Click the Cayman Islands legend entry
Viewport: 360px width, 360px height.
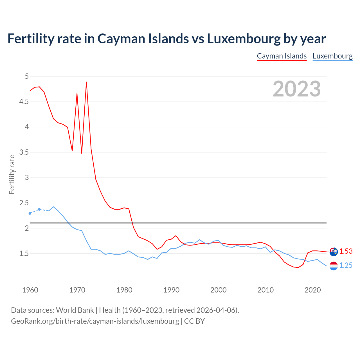coord(282,56)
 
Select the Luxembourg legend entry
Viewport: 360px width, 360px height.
coord(332,56)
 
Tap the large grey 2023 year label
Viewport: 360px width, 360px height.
coord(297,89)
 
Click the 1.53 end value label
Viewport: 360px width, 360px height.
coord(346,251)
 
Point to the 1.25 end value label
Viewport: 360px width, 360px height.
coord(346,265)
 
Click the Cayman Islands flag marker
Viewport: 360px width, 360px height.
coord(334,252)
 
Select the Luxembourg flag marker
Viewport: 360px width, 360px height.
coord(334,266)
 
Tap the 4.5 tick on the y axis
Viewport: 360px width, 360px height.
coord(24,102)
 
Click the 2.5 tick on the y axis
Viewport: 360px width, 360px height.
coord(24,203)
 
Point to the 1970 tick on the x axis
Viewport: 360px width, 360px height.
coord(77,290)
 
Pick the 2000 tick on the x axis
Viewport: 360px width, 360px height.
coord(218,290)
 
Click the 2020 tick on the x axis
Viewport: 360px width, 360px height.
coord(312,290)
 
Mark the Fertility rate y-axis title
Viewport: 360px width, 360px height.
coord(12,174)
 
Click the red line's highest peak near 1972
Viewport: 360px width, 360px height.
coord(86,82)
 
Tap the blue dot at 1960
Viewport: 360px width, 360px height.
coord(30,213)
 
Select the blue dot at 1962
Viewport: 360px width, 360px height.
coord(39,209)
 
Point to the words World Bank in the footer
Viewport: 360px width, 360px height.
coord(75,310)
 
